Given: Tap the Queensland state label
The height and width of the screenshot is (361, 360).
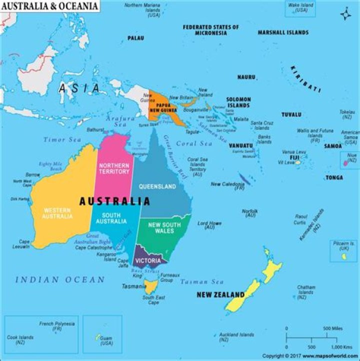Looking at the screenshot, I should [x=157, y=186].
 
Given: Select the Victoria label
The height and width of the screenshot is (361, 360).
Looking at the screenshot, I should [x=148, y=261].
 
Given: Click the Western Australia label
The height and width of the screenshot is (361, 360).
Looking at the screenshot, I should [x=58, y=213].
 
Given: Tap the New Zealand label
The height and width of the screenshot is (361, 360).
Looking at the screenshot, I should [x=220, y=294].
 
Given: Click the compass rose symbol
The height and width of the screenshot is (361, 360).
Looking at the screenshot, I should [x=346, y=14].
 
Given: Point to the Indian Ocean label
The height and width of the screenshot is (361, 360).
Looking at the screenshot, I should [x=59, y=280].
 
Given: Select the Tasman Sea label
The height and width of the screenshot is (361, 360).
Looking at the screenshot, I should [x=201, y=282].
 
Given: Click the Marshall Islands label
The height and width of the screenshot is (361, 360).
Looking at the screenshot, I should [x=283, y=32].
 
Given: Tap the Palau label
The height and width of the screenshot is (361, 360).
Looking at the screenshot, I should [x=135, y=38].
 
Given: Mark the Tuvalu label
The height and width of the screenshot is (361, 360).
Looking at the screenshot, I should [x=291, y=114].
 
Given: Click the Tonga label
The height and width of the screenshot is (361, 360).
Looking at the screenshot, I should [x=334, y=177].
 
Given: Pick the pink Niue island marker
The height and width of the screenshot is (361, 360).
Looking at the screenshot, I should [x=345, y=163].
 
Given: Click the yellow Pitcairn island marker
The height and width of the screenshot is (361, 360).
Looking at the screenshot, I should [x=344, y=256].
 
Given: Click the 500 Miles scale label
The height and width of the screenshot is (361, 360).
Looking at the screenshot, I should [x=332, y=328].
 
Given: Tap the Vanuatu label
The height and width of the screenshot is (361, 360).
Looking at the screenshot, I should [x=241, y=146].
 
